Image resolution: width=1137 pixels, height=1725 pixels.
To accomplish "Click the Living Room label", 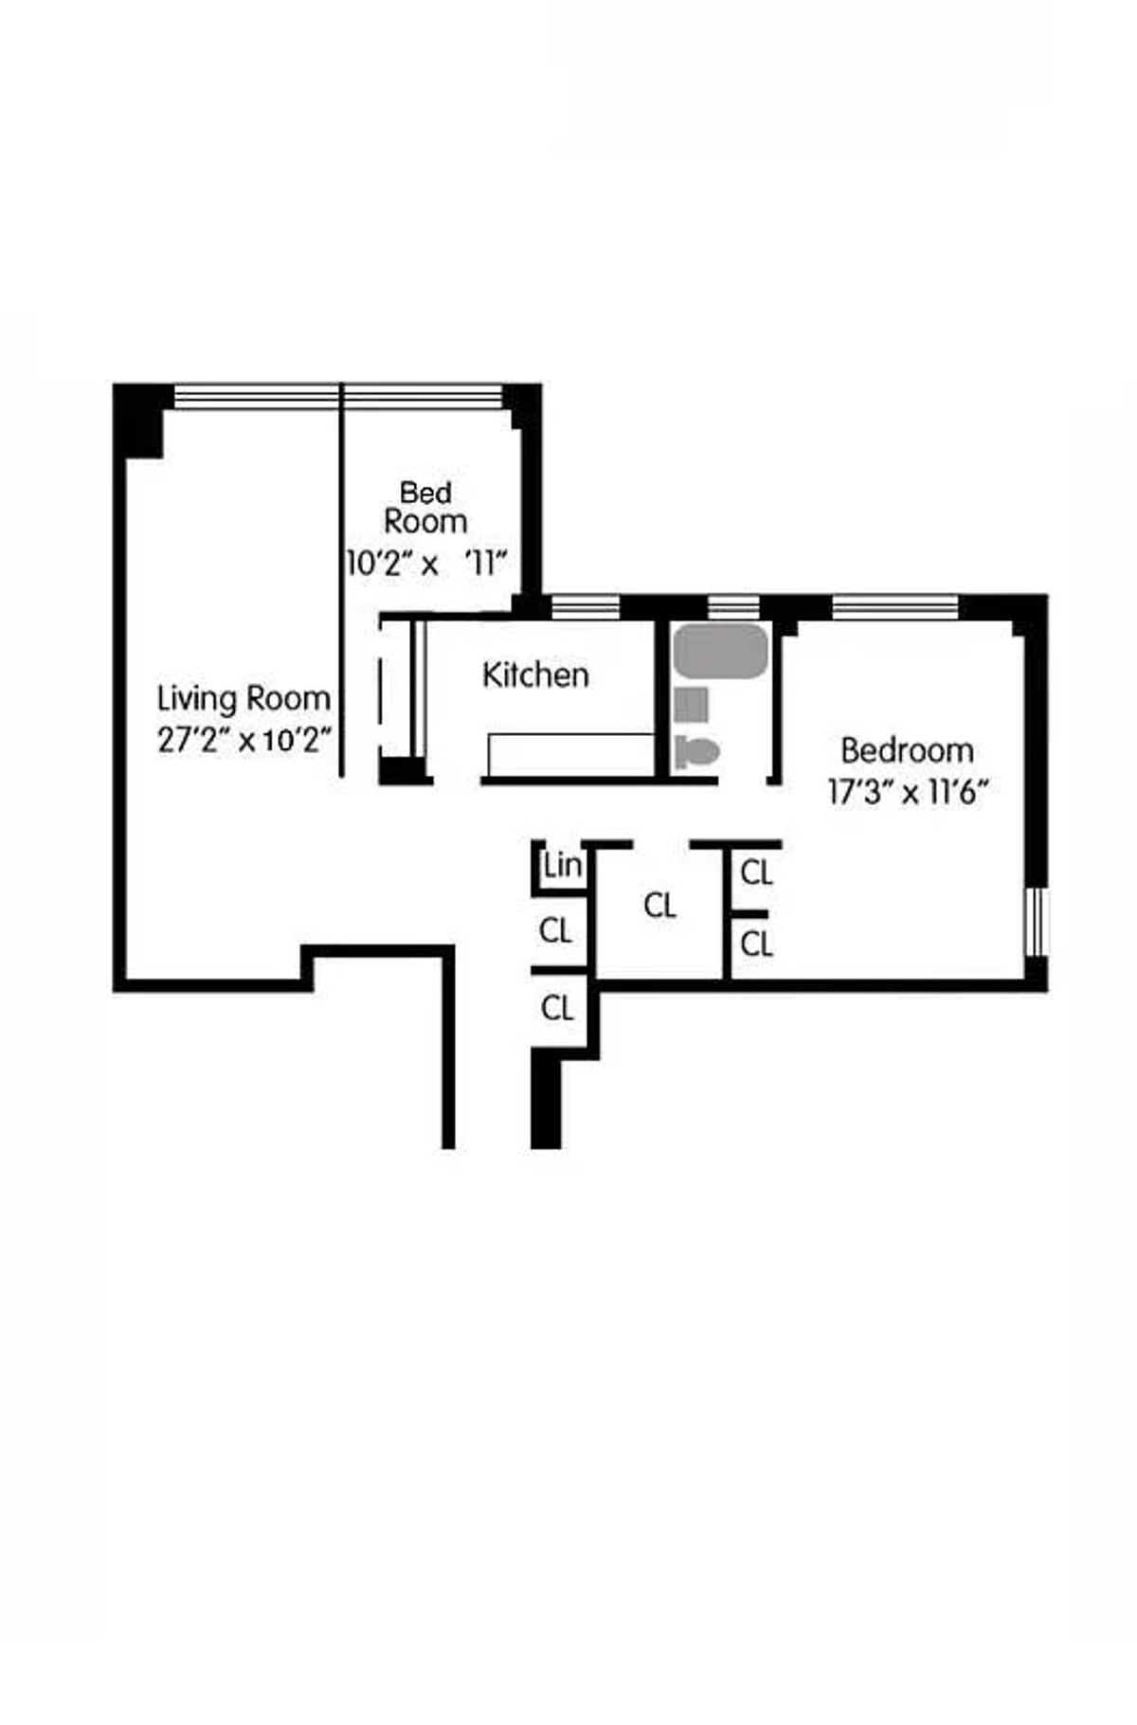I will (244, 699).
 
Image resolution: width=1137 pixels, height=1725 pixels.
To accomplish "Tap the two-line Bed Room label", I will (425, 507).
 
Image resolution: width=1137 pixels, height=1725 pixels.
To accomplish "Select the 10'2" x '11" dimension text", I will (426, 565).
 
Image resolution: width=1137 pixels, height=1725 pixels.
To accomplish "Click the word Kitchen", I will (535, 675).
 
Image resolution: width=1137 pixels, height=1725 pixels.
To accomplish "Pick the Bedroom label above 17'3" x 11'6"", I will (907, 750).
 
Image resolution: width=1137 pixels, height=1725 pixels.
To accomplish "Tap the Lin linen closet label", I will (562, 866).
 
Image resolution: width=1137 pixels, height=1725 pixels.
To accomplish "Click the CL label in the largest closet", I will (659, 907).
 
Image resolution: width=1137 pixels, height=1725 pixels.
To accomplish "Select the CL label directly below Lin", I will (555, 931).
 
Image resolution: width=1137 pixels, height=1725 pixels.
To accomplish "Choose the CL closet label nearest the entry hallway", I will (557, 1008).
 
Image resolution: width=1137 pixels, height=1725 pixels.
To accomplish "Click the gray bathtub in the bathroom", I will (720, 651).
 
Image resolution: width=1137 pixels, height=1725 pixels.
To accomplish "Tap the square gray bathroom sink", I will (691, 705).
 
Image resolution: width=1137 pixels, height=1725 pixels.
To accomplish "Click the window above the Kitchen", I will (586, 606).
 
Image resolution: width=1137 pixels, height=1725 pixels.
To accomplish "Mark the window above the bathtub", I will (733, 606).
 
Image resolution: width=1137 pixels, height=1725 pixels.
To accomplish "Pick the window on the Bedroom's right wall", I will (1038, 921).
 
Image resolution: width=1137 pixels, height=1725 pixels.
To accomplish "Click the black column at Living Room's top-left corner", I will (139, 420).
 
